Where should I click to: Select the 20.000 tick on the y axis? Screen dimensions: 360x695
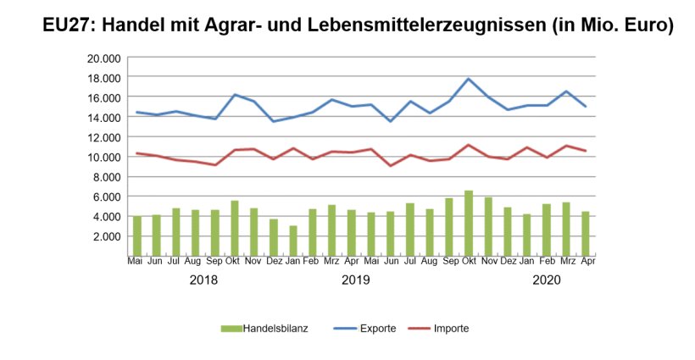point(104,58)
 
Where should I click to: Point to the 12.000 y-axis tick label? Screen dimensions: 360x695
point(104,136)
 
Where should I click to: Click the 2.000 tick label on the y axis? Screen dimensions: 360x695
point(107,235)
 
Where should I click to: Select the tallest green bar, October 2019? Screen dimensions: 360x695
point(469,224)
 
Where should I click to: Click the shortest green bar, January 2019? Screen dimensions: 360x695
point(293,241)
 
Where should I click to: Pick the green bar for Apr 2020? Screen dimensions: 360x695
point(586,234)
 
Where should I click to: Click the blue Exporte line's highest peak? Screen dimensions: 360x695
point(469,79)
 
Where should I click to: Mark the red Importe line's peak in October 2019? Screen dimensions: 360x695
point(469,145)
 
